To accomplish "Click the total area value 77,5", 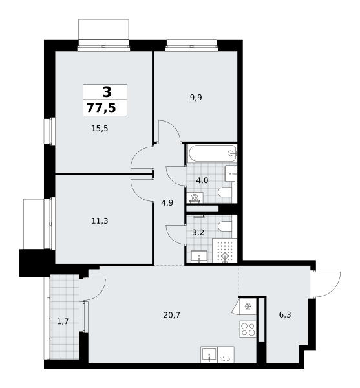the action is [101, 108].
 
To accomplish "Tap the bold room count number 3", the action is [107, 92].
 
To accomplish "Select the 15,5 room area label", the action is [100, 129].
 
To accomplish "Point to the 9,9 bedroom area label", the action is [196, 98].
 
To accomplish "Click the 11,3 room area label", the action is [100, 221].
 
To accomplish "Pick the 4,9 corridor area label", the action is [167, 203].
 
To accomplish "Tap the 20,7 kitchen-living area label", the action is [171, 315].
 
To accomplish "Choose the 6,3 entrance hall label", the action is [285, 315].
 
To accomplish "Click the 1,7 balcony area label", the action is [63, 321].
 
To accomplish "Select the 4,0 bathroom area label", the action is [202, 180].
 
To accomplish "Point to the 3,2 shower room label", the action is [198, 233].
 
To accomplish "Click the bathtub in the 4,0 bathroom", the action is [212, 153].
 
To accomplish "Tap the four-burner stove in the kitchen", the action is [248, 329].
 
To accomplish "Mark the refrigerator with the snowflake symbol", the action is [248, 307].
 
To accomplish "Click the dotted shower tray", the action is [224, 250].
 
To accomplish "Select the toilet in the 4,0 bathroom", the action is [225, 192].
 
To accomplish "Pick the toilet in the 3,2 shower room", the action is [225, 226].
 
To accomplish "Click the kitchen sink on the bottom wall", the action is [209, 354].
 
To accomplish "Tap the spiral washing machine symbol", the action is [195, 198].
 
